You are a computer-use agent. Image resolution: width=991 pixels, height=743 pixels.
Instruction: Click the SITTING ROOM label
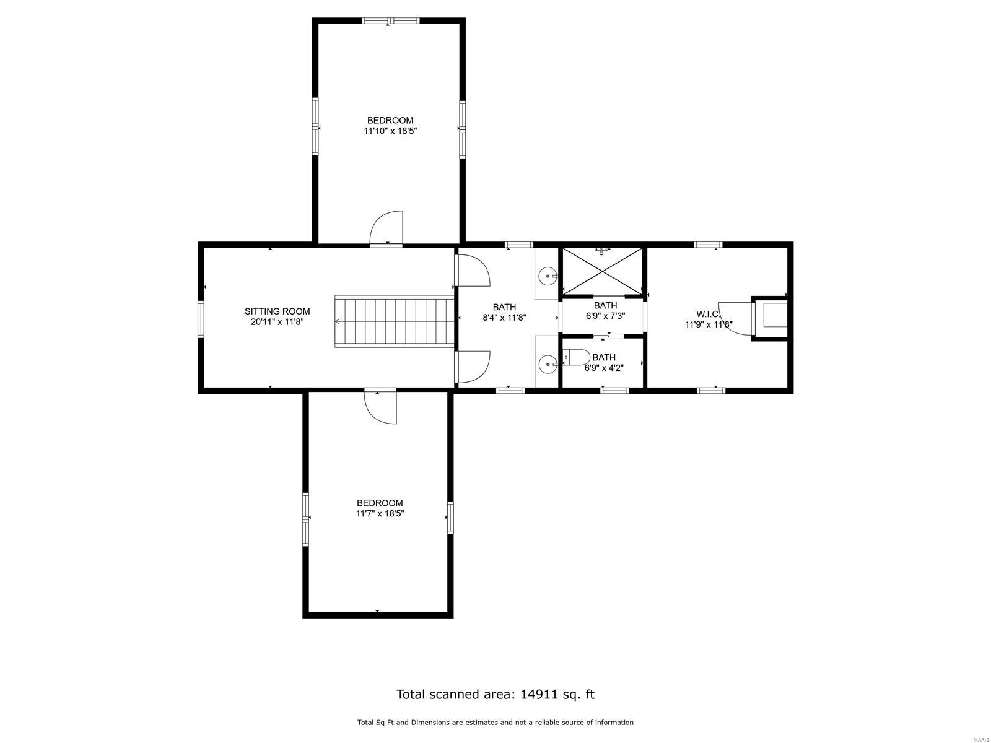coord(277,311)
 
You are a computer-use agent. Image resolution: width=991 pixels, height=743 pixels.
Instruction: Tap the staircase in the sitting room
coord(394,321)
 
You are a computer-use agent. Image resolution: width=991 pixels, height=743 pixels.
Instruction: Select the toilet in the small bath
coord(576,358)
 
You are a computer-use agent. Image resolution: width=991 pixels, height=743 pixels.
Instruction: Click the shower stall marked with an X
coord(603,271)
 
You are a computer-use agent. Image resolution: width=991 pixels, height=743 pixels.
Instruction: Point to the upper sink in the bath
coord(548,276)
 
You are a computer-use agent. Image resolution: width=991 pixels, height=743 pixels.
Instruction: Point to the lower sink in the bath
coord(548,365)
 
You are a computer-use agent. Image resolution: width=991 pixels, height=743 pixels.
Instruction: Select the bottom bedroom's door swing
coord(379,407)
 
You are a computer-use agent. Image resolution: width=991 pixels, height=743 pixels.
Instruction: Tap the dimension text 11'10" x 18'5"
coord(390,131)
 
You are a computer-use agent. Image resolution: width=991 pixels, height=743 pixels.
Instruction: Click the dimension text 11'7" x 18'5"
coord(380,513)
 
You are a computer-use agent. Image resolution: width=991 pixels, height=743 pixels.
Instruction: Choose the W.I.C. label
coord(707,314)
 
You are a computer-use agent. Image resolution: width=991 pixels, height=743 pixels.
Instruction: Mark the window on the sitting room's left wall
coord(201,319)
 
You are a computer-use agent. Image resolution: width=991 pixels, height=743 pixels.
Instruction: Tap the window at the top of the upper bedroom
coord(391,21)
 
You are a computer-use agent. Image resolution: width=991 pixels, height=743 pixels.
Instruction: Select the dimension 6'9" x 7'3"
coord(605,316)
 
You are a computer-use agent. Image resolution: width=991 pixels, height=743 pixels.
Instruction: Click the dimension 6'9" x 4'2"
coord(604,368)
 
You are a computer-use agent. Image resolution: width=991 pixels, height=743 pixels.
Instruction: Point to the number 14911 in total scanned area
coord(538,694)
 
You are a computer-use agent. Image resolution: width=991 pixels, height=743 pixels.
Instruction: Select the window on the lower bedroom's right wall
coord(450,518)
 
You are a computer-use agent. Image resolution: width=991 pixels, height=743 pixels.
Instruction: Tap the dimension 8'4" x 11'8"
coord(504,317)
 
